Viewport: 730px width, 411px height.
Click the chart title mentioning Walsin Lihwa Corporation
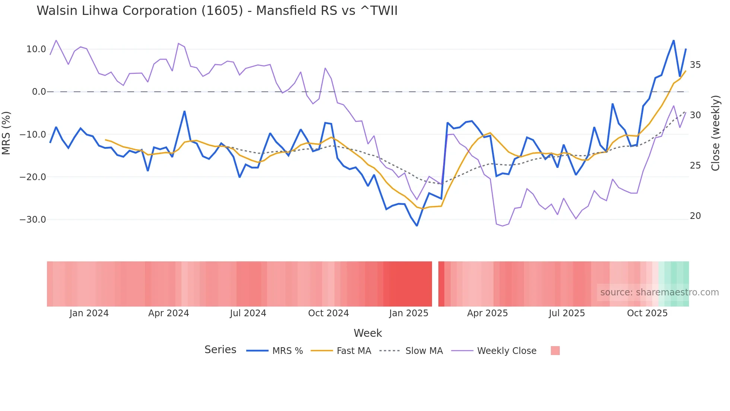(x=217, y=10)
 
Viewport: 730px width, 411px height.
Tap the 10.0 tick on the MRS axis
(x=36, y=49)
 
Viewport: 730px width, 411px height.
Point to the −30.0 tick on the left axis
(x=33, y=220)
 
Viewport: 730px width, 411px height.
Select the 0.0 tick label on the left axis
(x=39, y=92)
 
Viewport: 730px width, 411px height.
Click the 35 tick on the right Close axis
(x=695, y=65)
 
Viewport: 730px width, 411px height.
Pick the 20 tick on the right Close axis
(x=695, y=216)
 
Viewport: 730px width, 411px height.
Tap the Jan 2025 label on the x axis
(x=409, y=313)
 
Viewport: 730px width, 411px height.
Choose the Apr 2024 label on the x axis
(x=168, y=313)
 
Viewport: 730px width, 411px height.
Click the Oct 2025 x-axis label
(x=647, y=313)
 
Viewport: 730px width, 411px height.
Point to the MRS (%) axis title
(x=6, y=133)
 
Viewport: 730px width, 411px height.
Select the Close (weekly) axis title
(x=715, y=133)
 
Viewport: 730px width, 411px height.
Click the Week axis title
(x=368, y=333)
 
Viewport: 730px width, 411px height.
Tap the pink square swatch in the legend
(x=555, y=351)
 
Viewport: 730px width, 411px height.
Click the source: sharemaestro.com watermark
(x=659, y=292)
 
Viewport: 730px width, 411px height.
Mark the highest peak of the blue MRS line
(x=673, y=40)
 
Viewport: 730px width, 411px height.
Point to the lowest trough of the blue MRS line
(x=417, y=226)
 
